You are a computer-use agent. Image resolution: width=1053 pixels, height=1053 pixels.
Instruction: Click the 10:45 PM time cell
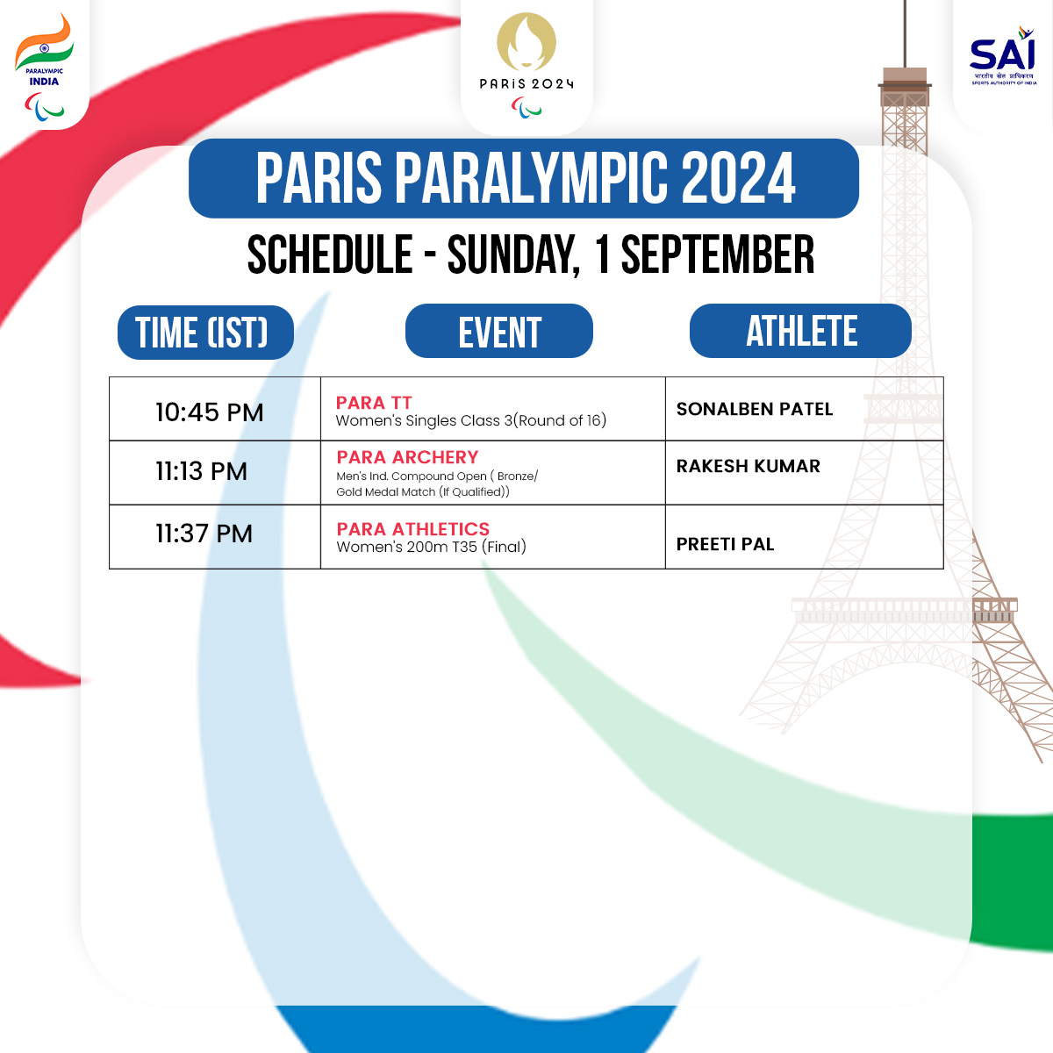tap(209, 412)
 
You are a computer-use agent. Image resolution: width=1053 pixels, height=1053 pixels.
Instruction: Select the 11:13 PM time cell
tap(201, 471)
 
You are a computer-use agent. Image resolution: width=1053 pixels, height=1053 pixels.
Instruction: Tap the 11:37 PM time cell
tap(204, 534)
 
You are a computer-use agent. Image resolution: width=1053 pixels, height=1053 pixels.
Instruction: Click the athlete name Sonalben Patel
tap(755, 409)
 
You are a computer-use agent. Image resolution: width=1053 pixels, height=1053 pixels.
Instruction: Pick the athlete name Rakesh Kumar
tap(749, 466)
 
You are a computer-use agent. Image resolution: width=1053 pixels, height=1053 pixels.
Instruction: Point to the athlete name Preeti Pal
tap(725, 544)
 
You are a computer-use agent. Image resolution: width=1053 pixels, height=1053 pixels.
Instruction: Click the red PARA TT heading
tap(374, 403)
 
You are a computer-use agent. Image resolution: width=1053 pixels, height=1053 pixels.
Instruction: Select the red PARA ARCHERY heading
tap(407, 457)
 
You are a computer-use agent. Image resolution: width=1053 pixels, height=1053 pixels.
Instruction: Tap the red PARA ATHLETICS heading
tap(412, 529)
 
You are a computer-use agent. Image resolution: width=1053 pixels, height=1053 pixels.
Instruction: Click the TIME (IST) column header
tap(205, 333)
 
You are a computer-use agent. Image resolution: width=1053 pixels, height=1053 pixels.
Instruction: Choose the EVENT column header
tap(499, 332)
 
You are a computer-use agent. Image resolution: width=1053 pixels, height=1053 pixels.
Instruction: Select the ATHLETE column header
tap(801, 331)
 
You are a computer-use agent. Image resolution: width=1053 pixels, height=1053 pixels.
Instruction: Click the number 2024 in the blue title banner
tap(738, 178)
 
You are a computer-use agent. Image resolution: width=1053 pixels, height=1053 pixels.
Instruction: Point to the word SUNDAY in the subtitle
tap(512, 255)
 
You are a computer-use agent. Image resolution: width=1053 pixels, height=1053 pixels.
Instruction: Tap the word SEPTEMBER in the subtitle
tap(718, 255)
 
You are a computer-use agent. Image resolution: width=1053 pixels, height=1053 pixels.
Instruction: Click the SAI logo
tap(1002, 58)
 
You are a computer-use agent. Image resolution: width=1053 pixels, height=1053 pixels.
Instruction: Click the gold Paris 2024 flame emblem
tap(526, 41)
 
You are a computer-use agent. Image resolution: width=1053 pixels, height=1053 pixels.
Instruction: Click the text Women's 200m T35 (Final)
tap(431, 547)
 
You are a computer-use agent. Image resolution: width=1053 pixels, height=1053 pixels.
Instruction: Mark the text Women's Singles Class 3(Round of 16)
tap(470, 420)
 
